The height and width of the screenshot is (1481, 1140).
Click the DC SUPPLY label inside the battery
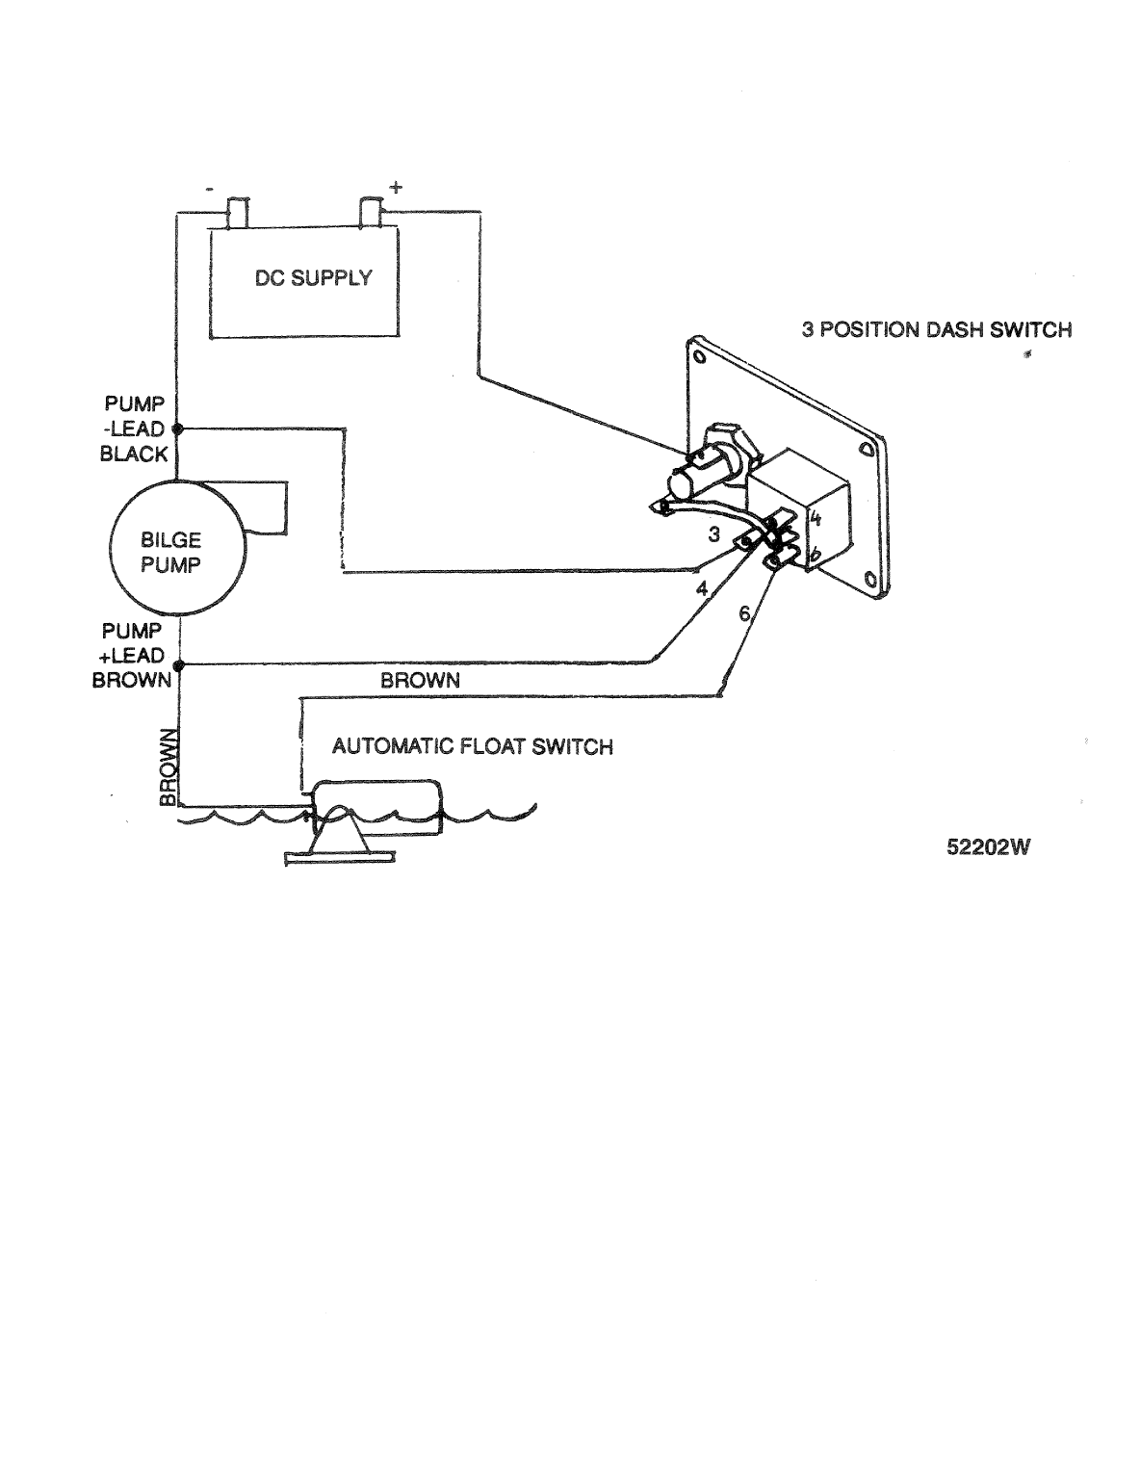(313, 278)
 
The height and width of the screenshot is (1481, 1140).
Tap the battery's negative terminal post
(236, 212)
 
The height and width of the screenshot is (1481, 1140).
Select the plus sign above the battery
(395, 187)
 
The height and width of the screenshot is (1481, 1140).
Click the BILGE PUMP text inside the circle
(171, 553)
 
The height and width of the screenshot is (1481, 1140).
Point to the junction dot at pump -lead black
(177, 429)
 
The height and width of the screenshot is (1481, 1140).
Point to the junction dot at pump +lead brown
(177, 663)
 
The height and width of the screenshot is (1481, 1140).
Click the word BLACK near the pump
(134, 455)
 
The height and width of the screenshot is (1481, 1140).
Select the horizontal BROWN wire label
(420, 680)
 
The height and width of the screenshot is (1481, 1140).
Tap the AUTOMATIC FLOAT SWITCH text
(472, 746)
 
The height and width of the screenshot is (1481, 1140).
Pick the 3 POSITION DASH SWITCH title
(936, 329)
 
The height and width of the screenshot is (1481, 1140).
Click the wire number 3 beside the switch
(713, 535)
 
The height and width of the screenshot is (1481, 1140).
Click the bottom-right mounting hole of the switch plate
(869, 579)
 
